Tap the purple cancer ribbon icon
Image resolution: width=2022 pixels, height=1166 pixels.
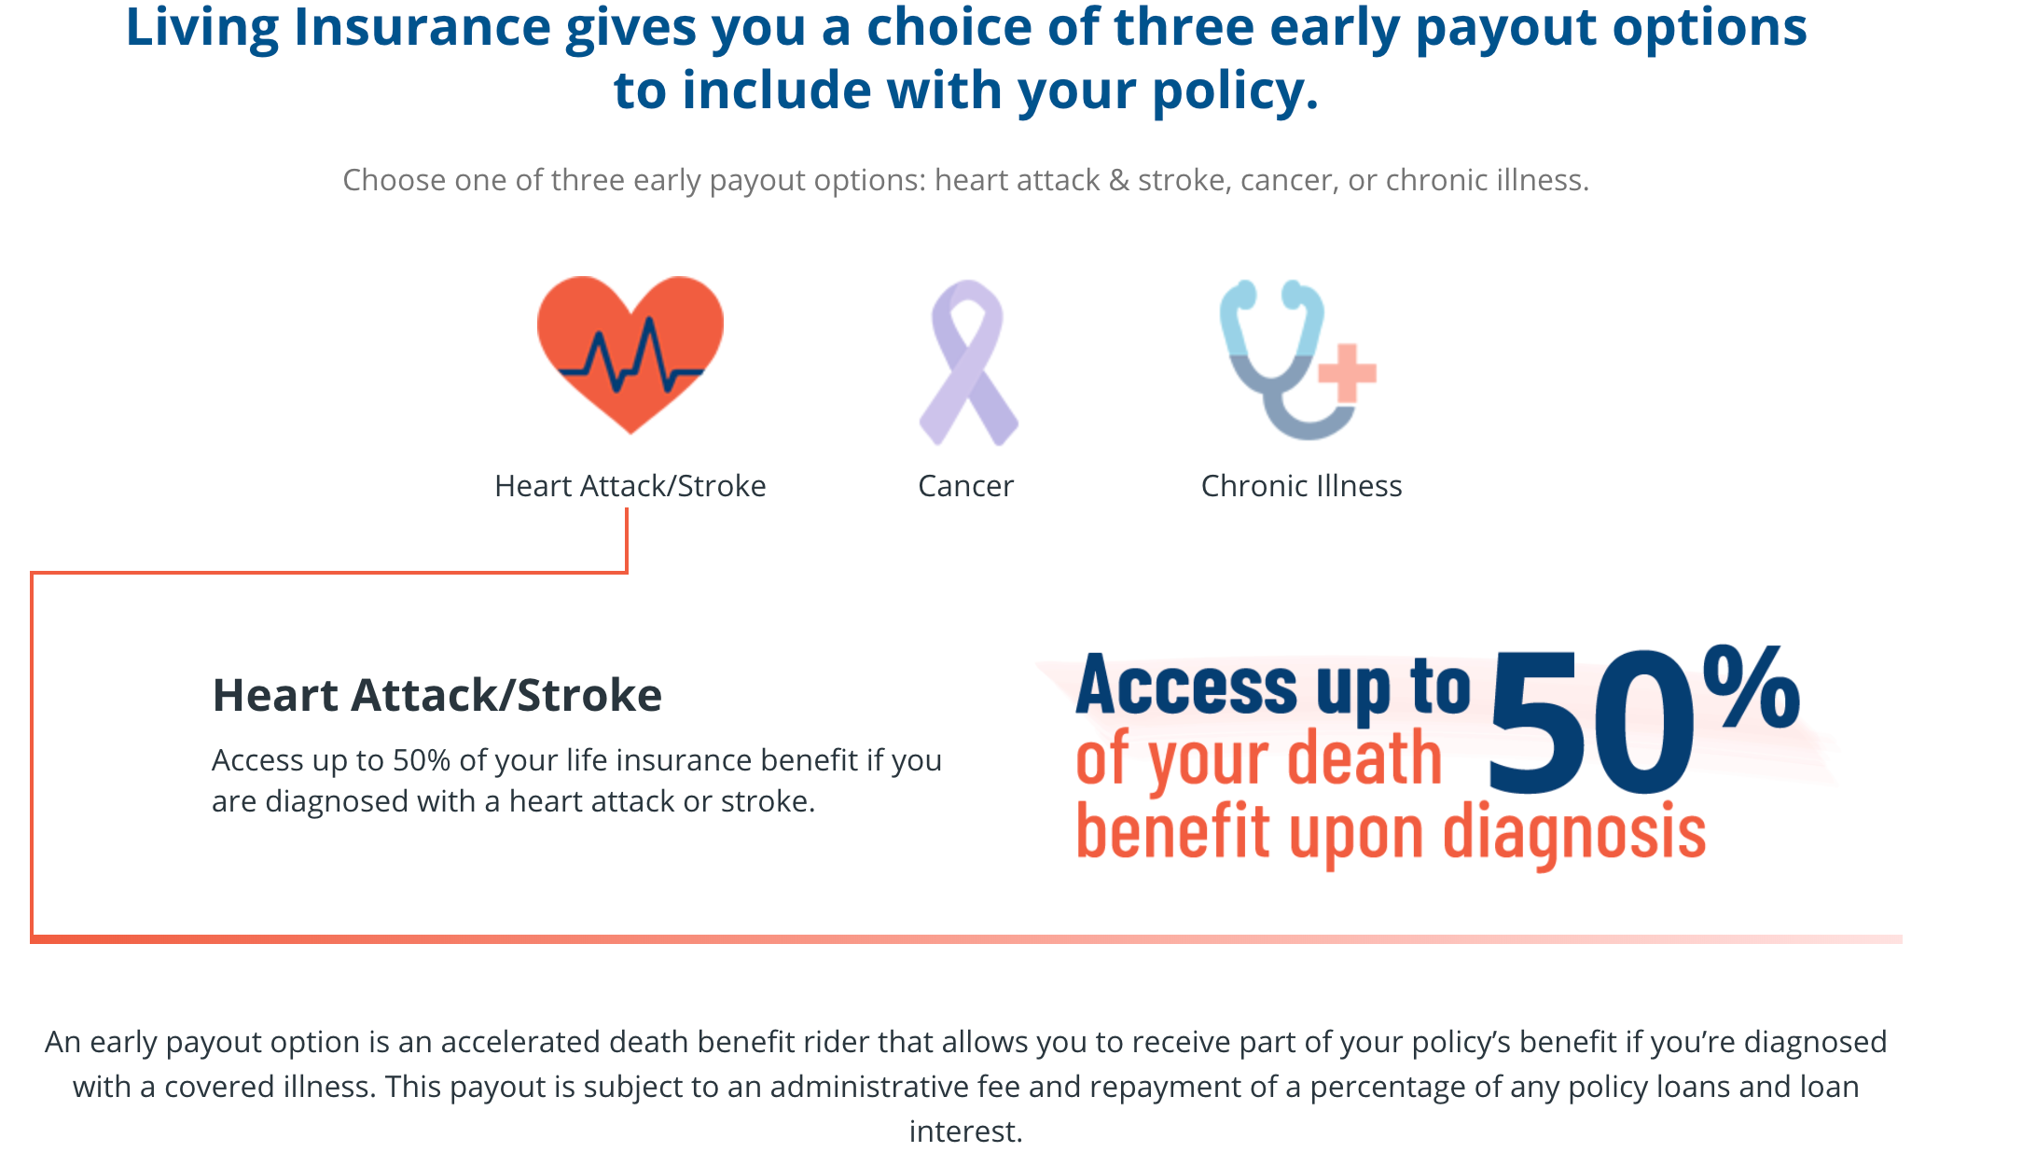coord(968,363)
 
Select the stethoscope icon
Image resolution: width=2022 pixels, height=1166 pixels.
coord(1278,359)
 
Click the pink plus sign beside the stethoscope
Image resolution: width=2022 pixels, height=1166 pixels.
coord(1346,373)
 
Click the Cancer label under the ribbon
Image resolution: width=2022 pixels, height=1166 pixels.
coord(965,486)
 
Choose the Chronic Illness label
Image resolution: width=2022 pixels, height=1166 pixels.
coord(1301,486)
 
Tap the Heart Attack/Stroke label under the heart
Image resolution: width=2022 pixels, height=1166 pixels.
coord(630,486)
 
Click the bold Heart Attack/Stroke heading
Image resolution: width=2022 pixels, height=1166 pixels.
coord(437,695)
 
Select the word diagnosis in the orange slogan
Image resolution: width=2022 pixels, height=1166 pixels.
coord(1574,833)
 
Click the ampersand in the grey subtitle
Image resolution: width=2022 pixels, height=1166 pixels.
coord(1119,179)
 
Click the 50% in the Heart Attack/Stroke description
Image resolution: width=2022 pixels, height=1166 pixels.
coord(422,760)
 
